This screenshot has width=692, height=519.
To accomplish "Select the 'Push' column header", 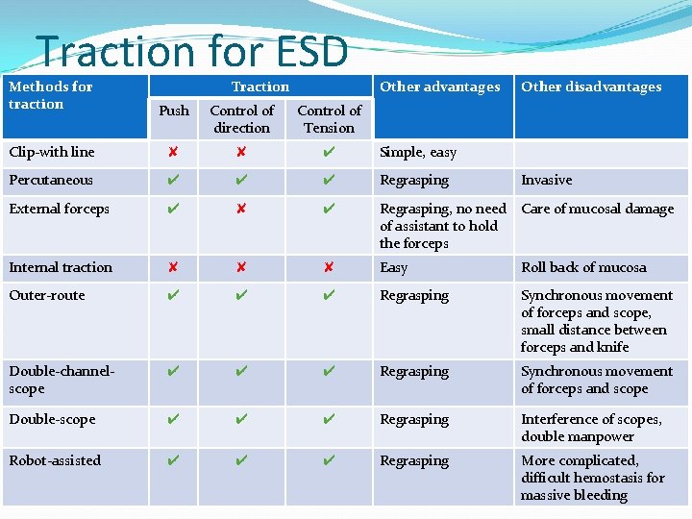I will (x=174, y=111).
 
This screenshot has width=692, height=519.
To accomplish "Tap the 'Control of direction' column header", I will (x=241, y=119).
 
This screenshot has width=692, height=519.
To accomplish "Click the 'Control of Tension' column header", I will (x=329, y=119).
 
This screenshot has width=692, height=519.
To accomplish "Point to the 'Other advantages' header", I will (x=439, y=86).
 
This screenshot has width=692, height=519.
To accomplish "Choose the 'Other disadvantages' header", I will (x=591, y=86).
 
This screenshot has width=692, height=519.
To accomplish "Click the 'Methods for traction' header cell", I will (x=50, y=95).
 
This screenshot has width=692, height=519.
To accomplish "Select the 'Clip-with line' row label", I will (x=51, y=152).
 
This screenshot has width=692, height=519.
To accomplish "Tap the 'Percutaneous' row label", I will (x=51, y=180).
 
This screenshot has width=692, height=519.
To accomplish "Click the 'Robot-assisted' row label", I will (x=55, y=460).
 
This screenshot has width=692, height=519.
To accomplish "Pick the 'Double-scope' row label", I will (x=52, y=419).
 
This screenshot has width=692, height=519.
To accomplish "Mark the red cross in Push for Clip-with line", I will (x=173, y=152).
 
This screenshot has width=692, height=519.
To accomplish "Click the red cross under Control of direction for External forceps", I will (x=241, y=209).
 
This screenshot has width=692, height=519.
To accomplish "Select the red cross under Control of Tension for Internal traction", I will (x=329, y=267).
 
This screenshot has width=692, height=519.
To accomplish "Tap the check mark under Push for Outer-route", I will (x=173, y=295).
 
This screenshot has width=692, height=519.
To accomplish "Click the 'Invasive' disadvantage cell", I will (x=546, y=180).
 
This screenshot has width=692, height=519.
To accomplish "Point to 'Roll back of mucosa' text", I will (x=583, y=267).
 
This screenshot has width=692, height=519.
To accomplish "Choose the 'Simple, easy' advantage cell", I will (x=418, y=152).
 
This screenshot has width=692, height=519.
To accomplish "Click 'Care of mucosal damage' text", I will (x=597, y=209).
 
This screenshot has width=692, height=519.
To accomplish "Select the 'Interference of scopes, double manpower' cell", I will (x=591, y=428).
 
